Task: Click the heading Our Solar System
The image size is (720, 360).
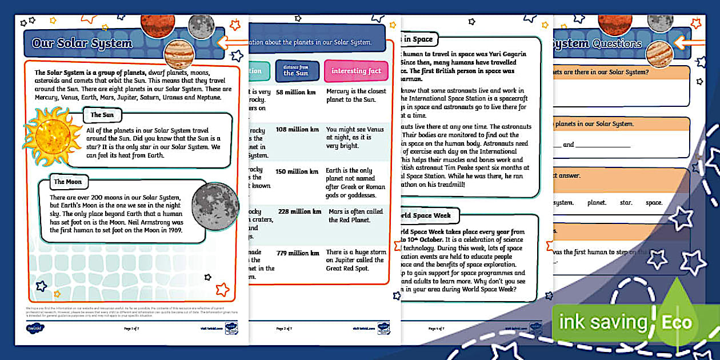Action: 82,43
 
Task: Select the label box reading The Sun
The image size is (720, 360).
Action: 102,115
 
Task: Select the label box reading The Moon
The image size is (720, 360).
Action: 67,182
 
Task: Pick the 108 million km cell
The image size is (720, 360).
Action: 297,130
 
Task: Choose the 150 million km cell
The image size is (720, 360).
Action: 297,171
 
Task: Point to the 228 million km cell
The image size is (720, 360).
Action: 299,211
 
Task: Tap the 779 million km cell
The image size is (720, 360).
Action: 297,253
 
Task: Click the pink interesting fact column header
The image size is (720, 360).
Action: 356,71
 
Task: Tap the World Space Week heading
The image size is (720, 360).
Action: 426,215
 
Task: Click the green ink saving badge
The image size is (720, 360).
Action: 602,322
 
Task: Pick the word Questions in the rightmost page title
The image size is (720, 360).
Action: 617,43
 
